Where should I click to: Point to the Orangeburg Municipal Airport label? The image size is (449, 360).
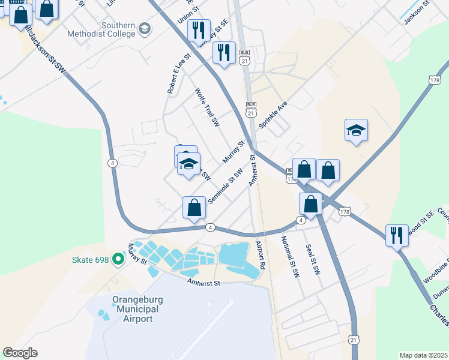coord(135,309)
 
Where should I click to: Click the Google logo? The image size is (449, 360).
coord(20,353)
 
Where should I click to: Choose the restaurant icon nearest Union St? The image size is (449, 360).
coord(199,29)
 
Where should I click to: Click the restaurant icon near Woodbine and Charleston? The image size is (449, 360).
coord(397,235)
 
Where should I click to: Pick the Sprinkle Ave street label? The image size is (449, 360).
coord(273,114)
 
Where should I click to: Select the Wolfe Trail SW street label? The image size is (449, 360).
coord(207,108)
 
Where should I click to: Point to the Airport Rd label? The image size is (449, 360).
coord(261,254)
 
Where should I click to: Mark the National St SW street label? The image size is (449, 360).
coord(291,256)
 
